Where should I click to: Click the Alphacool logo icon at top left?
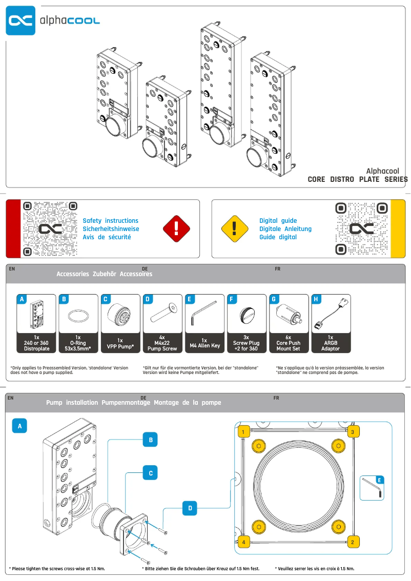(x=20, y=20)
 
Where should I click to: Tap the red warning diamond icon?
(x=176, y=229)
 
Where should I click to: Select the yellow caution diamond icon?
(x=234, y=229)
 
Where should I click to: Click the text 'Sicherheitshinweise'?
(x=111, y=229)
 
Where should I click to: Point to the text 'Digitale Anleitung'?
(x=285, y=229)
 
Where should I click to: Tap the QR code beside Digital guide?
(x=361, y=229)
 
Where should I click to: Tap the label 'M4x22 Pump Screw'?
(x=162, y=346)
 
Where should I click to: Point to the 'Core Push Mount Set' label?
(x=289, y=346)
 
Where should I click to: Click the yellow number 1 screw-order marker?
(x=244, y=431)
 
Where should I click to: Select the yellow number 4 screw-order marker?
(x=244, y=542)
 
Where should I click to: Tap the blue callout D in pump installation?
(x=190, y=509)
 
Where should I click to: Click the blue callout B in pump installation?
(x=150, y=440)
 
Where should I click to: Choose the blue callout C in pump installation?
(x=150, y=474)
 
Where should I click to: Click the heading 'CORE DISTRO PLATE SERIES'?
(x=357, y=179)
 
